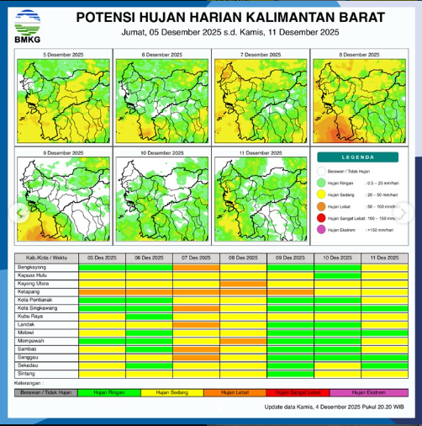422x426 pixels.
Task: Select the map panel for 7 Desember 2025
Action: point(260,99)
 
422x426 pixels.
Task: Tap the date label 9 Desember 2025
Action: point(63,153)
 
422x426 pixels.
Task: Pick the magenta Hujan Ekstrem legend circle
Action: point(322,228)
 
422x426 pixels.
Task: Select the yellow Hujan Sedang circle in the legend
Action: point(322,193)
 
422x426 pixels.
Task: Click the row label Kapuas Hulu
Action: point(34,275)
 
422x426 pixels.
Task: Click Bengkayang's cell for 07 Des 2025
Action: point(197,267)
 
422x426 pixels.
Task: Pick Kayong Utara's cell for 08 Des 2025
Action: point(244,284)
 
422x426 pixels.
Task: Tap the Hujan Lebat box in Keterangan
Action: point(233,392)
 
